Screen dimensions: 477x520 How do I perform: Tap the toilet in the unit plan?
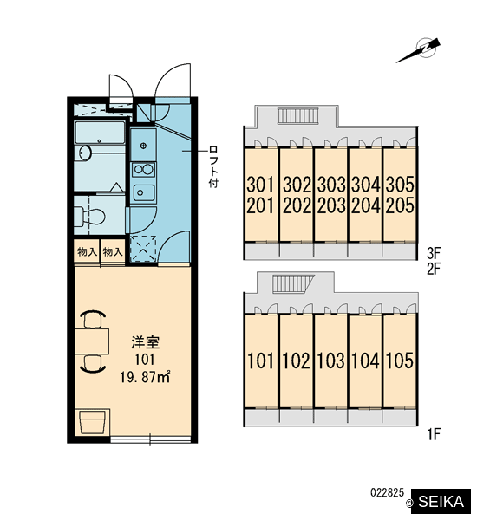point(89,216)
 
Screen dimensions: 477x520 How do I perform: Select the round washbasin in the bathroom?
point(86,153)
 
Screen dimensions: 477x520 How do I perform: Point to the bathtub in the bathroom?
point(101,133)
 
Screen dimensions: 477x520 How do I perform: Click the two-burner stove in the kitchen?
point(143,170)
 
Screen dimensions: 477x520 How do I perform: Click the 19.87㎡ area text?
point(146,377)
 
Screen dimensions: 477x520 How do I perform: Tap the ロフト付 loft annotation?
point(213,166)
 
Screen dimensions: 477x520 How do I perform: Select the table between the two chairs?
point(92,341)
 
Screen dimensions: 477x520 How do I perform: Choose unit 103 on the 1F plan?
point(331,361)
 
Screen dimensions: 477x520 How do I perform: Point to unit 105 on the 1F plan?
point(400,361)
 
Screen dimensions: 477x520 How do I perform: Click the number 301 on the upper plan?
point(261,185)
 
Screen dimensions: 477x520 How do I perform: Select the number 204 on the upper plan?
point(366,205)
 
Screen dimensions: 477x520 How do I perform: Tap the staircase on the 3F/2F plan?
point(297,116)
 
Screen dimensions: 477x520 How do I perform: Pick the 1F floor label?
point(434,434)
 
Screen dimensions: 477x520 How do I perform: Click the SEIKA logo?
point(441,502)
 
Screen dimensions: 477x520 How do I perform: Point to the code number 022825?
point(387,493)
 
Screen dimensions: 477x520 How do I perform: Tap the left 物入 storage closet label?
point(87,252)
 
